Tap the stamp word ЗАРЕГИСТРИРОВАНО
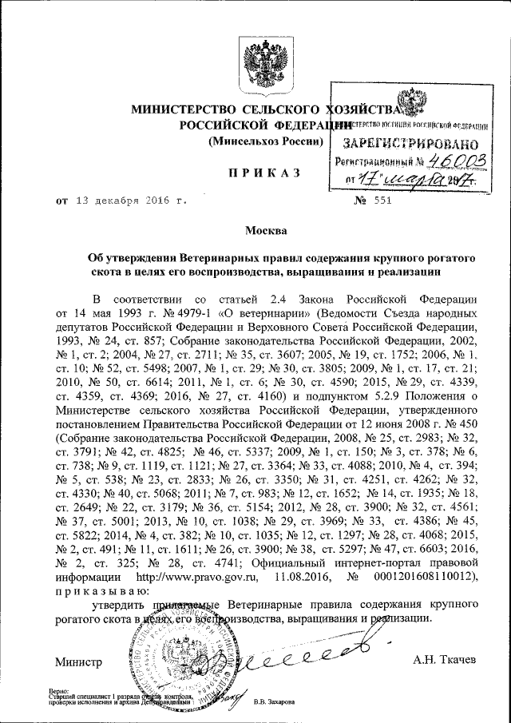coord(410,145)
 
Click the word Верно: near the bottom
coord(58,689)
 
